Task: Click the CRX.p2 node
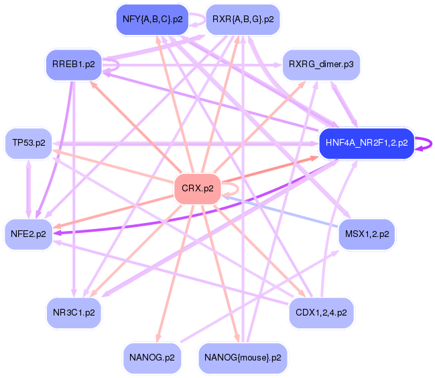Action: click(197, 189)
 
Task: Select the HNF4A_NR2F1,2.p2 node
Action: click(366, 143)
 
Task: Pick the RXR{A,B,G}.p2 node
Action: click(243, 19)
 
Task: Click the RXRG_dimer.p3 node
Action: click(321, 64)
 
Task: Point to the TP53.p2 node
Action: click(29, 143)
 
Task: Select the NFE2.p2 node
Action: click(29, 234)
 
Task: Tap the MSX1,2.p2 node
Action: click(367, 234)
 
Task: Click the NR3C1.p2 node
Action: click(74, 312)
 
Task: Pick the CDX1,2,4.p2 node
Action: click(321, 312)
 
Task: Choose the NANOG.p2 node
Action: click(151, 358)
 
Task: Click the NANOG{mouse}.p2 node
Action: click(243, 358)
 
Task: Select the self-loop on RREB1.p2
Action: click(117, 65)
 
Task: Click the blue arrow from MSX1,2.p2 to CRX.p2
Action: click(282, 211)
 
